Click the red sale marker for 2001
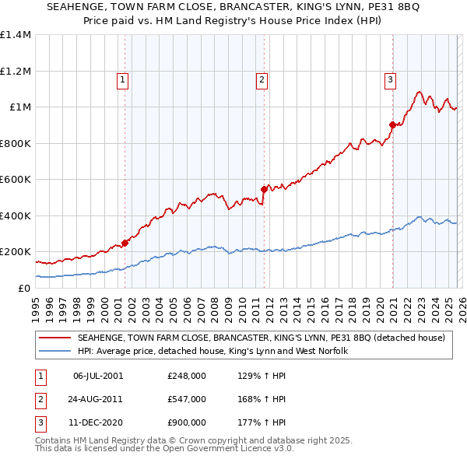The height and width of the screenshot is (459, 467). coord(125,244)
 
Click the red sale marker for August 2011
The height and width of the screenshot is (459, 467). coord(264,189)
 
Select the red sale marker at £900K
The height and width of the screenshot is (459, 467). coord(392,124)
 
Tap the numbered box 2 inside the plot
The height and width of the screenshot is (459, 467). coord(262,79)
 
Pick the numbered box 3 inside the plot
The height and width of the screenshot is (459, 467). coord(390,79)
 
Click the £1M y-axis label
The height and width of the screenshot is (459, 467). coord(20,107)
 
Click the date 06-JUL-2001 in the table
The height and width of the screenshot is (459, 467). coord(97,376)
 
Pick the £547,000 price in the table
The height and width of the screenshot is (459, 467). coord(186,399)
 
